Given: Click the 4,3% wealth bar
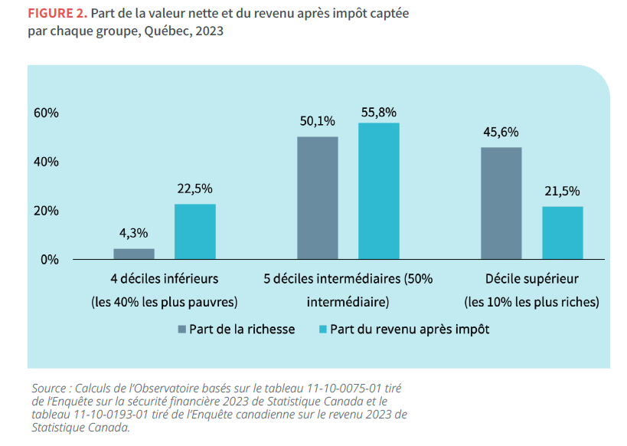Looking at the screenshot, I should [x=134, y=254].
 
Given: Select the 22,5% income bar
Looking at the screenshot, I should [x=195, y=231].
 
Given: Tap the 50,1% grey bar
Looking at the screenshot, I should [x=318, y=198].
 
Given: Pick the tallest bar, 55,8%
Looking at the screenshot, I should [x=379, y=191].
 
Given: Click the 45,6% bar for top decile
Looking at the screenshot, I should [x=501, y=203].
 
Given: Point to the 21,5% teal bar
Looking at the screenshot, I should [x=563, y=232].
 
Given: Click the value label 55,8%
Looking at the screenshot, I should [x=379, y=112].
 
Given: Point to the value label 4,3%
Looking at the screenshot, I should [x=134, y=233].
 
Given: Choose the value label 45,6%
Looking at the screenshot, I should [x=501, y=131].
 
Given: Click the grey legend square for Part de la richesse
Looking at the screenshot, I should [x=182, y=329].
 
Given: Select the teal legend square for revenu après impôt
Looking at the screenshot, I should [x=323, y=329].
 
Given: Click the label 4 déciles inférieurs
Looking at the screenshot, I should [x=165, y=278].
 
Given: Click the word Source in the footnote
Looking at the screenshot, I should [x=50, y=388].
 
